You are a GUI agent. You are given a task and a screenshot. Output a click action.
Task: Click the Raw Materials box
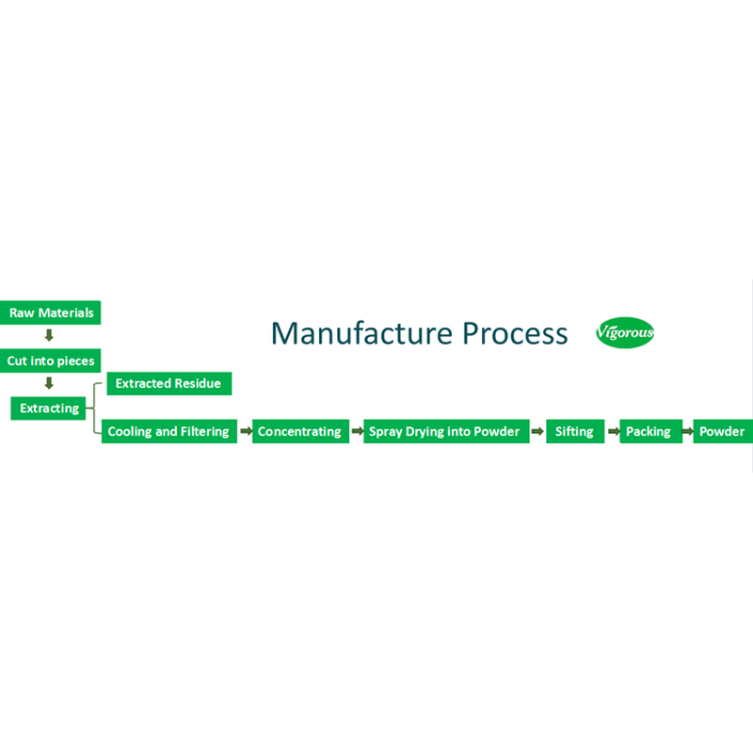(x=51, y=312)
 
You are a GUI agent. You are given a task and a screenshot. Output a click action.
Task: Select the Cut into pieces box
(x=51, y=360)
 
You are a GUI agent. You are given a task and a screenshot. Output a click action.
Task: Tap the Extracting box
(x=50, y=409)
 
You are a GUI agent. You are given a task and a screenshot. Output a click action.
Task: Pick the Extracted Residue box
(x=168, y=383)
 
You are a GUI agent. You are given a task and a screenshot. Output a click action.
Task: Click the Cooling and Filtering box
(x=168, y=431)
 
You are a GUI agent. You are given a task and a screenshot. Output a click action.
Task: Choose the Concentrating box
(x=299, y=431)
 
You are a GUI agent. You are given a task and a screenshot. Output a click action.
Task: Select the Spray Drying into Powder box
(x=444, y=431)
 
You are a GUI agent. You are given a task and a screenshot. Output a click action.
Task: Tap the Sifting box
(x=574, y=431)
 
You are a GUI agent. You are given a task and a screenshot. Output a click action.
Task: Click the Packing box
(x=649, y=431)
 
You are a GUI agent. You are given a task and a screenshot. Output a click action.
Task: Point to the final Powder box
(x=722, y=431)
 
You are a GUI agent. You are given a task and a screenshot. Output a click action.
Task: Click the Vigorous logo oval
(x=625, y=333)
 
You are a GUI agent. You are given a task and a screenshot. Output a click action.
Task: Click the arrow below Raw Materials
(x=50, y=336)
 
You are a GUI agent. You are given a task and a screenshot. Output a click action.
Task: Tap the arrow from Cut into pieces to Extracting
(x=50, y=384)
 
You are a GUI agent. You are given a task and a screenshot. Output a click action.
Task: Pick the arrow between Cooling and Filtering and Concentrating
(x=245, y=432)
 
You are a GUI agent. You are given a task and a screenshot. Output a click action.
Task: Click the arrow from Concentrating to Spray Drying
(x=357, y=432)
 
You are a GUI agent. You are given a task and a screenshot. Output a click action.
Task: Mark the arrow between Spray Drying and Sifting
(x=537, y=432)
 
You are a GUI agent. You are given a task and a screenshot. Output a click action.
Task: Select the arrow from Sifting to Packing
(x=612, y=432)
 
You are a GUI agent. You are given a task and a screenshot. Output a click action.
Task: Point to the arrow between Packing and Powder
(x=688, y=432)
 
